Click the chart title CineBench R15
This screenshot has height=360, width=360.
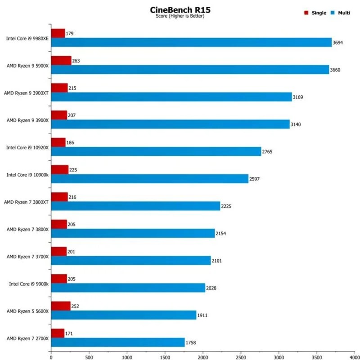180,9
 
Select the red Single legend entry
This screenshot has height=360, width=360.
315,13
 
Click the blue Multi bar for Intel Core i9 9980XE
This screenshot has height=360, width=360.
191,42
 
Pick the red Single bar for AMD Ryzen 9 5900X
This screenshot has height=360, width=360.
61,60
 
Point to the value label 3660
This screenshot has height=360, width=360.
336,70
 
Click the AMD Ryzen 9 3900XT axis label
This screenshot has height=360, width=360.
26,93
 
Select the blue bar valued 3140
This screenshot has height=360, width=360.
170,124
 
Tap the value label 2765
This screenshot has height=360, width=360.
267,152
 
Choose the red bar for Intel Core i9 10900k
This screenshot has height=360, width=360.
59,170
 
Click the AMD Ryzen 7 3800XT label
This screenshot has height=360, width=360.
26,202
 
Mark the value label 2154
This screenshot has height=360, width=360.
222,234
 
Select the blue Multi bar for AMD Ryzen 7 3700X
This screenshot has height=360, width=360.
130,261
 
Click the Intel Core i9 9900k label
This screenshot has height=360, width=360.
29,284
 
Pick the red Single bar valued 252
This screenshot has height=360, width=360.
60,306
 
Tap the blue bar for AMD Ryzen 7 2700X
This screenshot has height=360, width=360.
117,342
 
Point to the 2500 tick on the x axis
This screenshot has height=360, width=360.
241,355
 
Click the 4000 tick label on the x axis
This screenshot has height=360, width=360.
355,355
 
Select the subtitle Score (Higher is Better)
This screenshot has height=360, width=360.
180,16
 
